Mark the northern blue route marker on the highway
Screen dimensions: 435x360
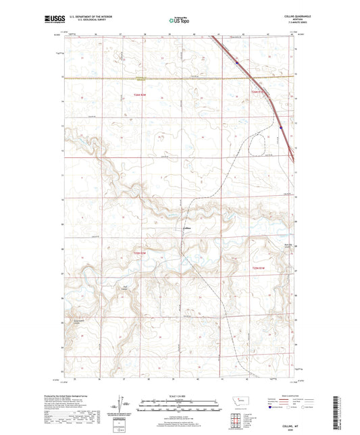237,63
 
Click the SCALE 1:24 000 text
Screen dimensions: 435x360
179,395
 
